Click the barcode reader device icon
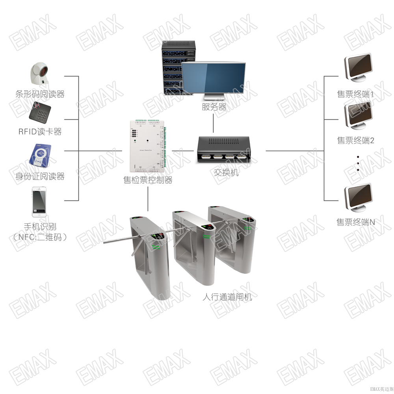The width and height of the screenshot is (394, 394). (x=41, y=74)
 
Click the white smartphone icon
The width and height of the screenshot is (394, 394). (x=40, y=203)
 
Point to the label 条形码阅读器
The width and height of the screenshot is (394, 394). (x=40, y=94)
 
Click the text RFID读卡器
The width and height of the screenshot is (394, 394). (x=40, y=132)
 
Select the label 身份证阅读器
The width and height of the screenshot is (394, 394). (x=40, y=176)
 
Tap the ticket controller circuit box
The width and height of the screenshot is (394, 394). (x=147, y=147)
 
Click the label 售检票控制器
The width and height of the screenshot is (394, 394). (x=148, y=180)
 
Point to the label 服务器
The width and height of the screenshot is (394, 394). (x=214, y=107)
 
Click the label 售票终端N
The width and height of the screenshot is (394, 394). (x=355, y=222)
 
